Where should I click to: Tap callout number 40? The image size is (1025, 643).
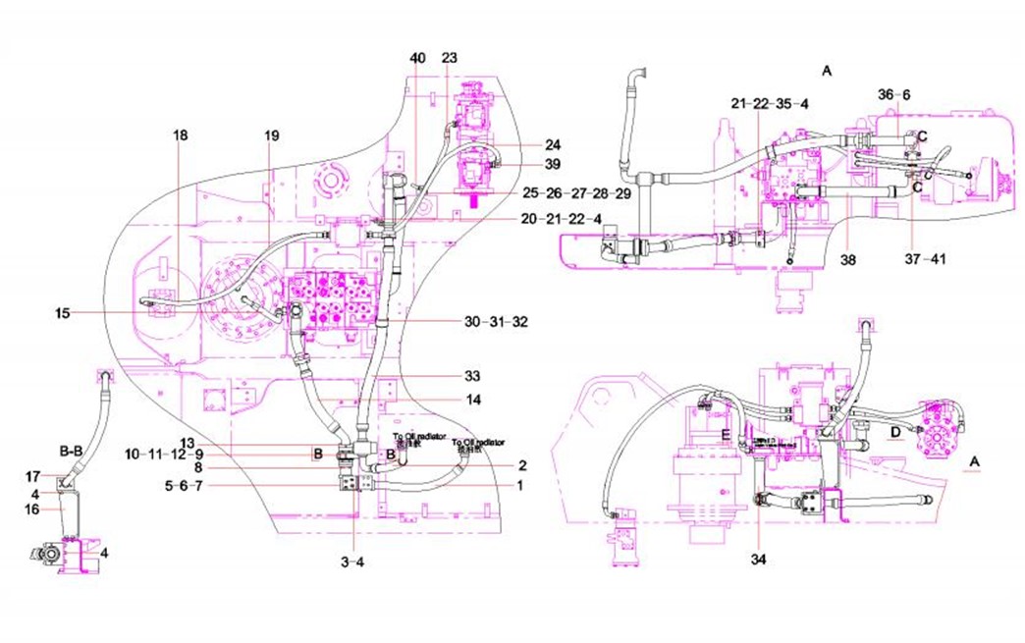coord(418,59)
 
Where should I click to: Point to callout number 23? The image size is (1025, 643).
coord(450,59)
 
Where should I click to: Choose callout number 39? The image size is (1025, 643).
coord(526,163)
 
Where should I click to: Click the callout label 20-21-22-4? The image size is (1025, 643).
coord(562,219)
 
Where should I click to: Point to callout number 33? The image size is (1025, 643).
coord(472,376)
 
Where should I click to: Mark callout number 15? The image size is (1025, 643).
coord(64,313)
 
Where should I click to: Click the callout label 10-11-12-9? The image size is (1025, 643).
coord(164,455)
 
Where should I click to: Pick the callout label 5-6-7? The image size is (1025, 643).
coord(183,485)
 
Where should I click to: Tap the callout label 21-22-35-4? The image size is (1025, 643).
coord(770,103)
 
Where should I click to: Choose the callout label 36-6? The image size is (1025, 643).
coord(894,94)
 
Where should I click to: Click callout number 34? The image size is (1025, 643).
coord(759,561)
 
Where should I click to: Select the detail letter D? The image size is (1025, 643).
coord(895,431)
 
